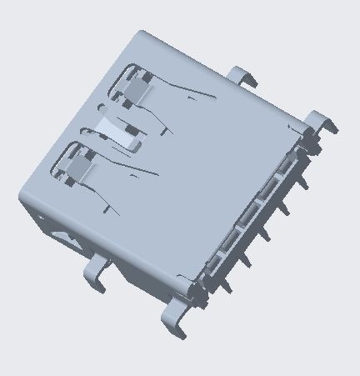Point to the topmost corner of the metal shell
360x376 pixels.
point(142,33)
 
